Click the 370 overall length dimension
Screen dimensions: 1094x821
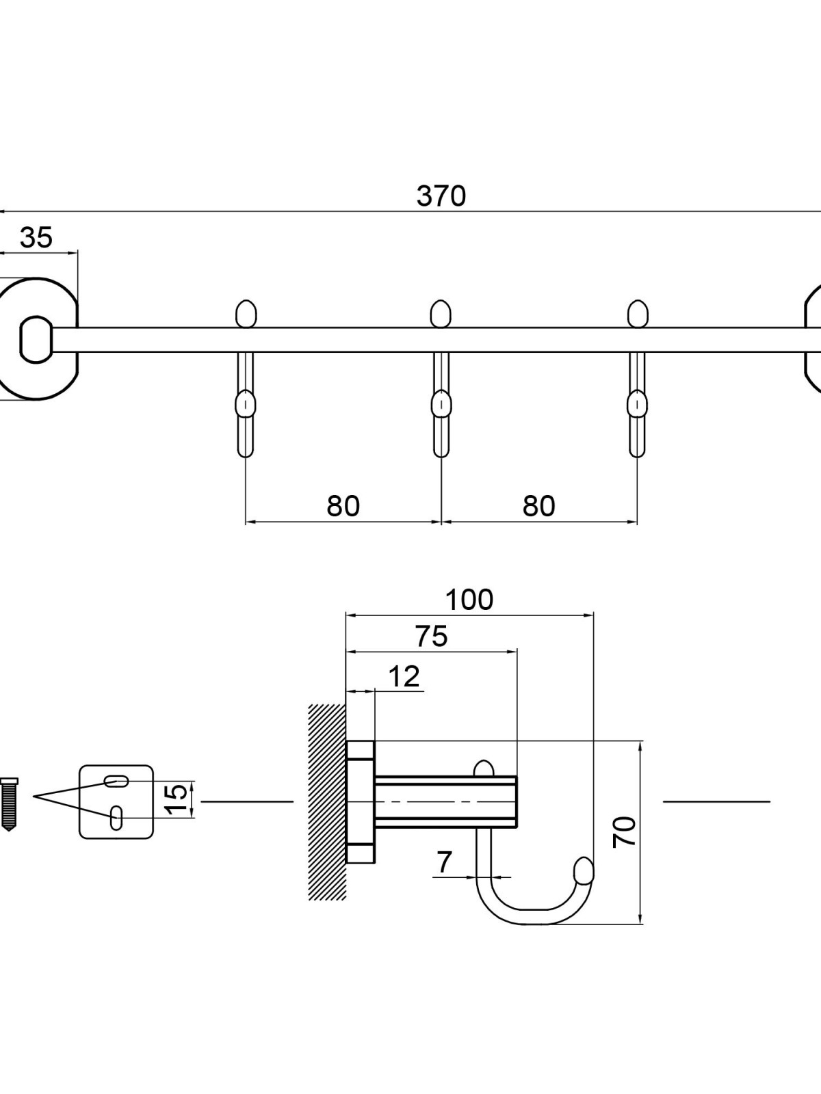coord(441,196)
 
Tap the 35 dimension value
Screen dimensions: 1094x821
coord(36,238)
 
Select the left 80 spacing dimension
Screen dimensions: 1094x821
coord(343,506)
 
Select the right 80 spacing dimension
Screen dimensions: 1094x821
coord(538,506)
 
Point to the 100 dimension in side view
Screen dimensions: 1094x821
coord(469,600)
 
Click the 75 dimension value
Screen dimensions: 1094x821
coord(431,637)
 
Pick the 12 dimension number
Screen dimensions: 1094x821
coord(404,677)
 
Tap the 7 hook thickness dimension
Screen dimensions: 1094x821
coord(445,862)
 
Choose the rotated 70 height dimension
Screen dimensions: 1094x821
coord(625,831)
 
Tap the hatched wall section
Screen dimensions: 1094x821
coord(327,801)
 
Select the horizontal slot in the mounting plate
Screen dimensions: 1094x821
coord(116,780)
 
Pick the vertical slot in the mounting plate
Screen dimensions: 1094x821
coord(116,818)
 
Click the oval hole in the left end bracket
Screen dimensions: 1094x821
coord(36,340)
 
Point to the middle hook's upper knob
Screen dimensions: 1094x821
coord(441,314)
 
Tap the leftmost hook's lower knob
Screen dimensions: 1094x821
coord(245,405)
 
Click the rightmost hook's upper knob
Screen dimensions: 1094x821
coord(638,314)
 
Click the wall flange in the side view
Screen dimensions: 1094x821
coord(361,801)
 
